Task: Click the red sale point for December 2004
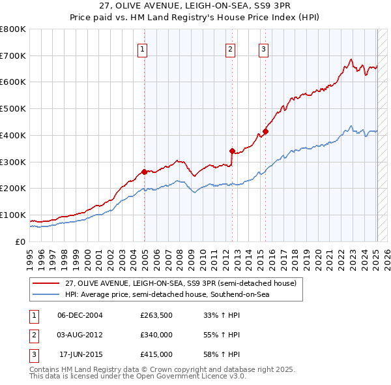pos(145,172)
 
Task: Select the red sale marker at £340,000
pos(232,151)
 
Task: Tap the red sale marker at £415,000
pos(266,131)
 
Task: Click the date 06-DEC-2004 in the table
pos(80,315)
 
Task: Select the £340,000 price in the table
pos(156,335)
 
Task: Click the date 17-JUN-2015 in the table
pos(81,354)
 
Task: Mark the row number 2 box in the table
pos(33,335)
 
